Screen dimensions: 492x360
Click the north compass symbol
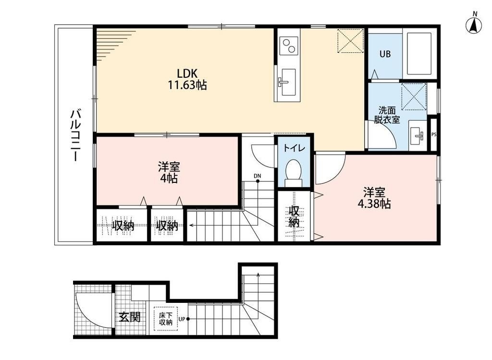[475, 23]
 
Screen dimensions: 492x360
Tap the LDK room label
[187, 73]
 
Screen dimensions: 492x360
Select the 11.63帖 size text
[187, 84]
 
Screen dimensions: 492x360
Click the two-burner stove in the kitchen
[289, 46]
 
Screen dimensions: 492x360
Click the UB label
[385, 54]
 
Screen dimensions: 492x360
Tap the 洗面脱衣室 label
[387, 115]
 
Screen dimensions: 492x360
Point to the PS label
[434, 134]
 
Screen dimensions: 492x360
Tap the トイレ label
[294, 148]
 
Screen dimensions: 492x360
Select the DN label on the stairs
[258, 176]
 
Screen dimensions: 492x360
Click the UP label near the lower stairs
[182, 319]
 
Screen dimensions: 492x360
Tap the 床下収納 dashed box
[166, 319]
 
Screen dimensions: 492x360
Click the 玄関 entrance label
[130, 317]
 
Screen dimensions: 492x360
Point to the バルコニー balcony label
[75, 135]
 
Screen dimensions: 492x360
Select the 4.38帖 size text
[374, 204]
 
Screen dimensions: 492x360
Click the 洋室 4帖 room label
[169, 172]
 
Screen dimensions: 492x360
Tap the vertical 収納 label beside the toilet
[294, 216]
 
